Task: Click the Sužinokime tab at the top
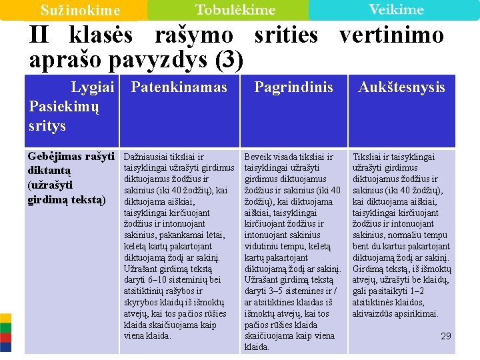tap(80, 11)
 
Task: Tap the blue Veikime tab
tap(396, 9)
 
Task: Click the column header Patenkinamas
tap(179, 87)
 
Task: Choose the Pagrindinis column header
tap(293, 87)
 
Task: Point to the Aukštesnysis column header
tap(401, 87)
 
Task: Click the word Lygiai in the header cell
tap(93, 87)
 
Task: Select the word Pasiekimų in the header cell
tap(64, 107)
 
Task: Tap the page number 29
tap(446, 336)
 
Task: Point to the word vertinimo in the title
tap(391, 35)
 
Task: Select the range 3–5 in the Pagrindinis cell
tap(280, 291)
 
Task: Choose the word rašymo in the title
tap(194, 35)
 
